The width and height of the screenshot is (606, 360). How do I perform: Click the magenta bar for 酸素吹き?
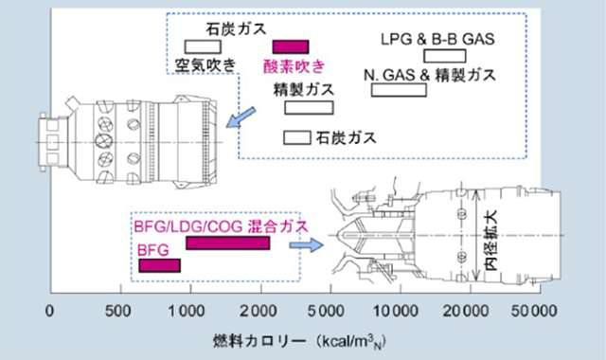[291, 46]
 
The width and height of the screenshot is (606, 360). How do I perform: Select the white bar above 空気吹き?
[203, 46]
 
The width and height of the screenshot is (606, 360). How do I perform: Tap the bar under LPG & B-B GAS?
[445, 56]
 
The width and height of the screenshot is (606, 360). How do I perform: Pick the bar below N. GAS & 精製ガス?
[399, 90]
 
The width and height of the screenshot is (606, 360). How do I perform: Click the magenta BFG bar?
[160, 265]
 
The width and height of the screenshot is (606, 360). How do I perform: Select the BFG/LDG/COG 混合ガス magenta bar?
[228, 243]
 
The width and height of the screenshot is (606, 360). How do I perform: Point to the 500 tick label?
[118, 311]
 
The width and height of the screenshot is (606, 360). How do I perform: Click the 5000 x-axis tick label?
[326, 311]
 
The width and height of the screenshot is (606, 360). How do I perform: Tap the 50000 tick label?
[534, 311]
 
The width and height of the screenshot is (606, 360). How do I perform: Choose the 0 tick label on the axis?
[49, 311]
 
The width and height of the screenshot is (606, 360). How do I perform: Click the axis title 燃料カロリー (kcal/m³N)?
[299, 341]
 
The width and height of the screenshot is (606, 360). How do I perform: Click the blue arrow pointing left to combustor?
[241, 117]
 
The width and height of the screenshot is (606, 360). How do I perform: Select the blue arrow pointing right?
[306, 244]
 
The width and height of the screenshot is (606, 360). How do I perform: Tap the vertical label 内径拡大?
[491, 240]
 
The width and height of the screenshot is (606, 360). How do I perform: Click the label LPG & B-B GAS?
[437, 39]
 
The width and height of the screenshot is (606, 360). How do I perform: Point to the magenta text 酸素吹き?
[294, 66]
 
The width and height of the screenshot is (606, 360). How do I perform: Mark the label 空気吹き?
[205, 65]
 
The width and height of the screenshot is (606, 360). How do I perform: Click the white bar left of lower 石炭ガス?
[297, 137]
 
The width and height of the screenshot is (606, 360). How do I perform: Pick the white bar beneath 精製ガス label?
[310, 107]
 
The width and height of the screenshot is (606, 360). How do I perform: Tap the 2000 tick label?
[258, 311]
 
